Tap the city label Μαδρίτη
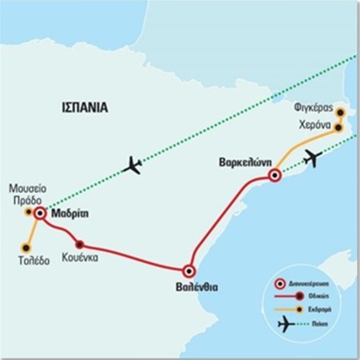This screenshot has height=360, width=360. pos(69,214)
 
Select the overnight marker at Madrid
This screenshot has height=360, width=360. pos(40,213)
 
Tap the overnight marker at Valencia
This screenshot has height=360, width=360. pos(189,271)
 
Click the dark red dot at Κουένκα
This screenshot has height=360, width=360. pos(80,244)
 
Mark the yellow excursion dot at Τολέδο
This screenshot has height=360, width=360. pos(25,247)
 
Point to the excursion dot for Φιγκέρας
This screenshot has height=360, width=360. pos(341,112)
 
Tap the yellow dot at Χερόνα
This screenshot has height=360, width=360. pos(338,128)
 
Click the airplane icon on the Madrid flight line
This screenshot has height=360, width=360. pos(133,165)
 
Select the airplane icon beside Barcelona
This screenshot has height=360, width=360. pos(312,158)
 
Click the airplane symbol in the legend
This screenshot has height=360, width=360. pos(286,323)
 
